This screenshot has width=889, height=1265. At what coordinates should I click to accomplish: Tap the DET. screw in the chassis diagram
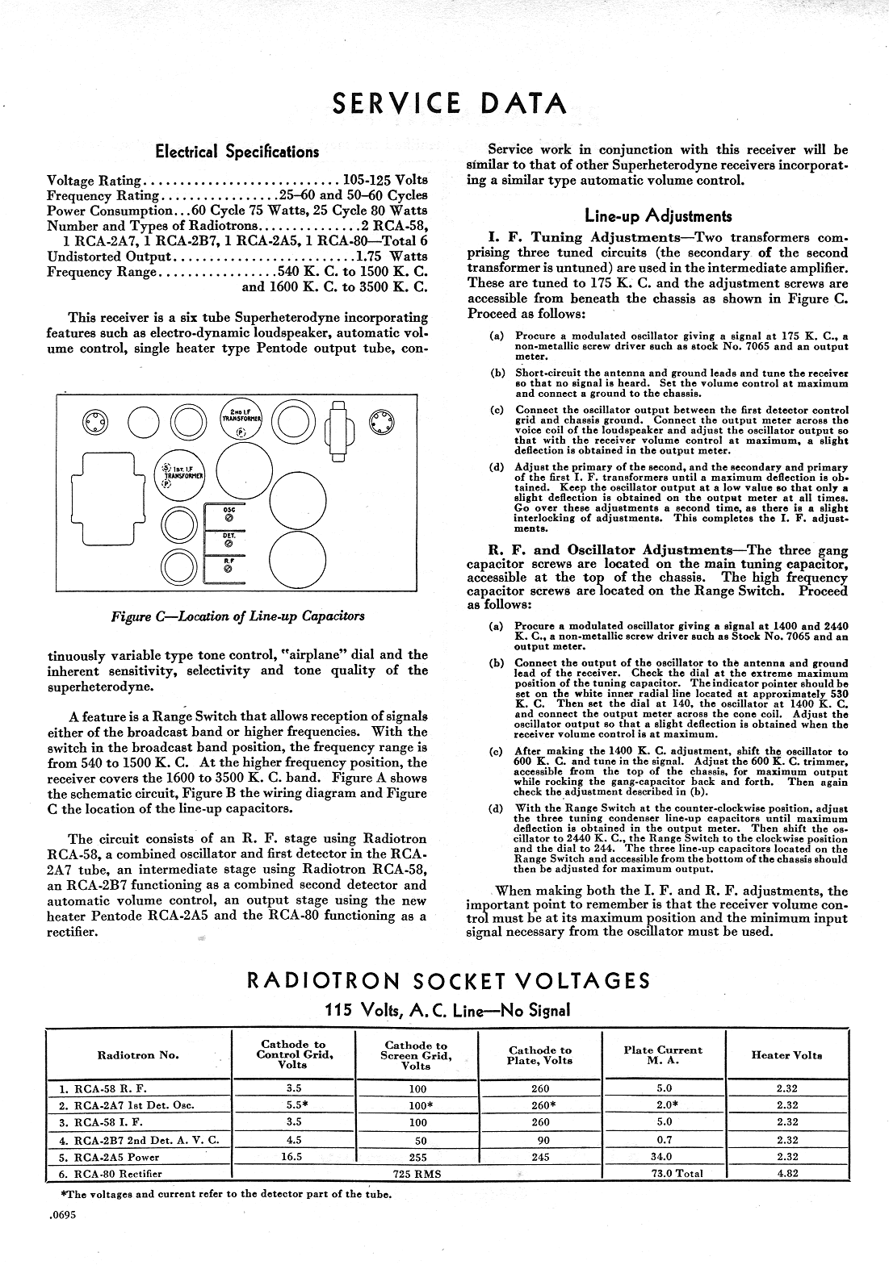pos(228,545)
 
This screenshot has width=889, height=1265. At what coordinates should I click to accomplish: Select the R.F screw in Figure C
pos(228,570)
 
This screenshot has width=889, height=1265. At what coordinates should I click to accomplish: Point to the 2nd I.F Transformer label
pos(240,415)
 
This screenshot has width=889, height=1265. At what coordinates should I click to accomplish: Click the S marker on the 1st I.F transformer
pos(166,468)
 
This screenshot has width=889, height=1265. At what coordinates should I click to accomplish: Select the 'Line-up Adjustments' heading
pos(658,215)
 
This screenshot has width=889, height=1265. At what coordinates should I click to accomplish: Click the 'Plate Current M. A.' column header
pos(663,1055)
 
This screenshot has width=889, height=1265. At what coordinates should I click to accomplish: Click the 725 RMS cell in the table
pos(416,1174)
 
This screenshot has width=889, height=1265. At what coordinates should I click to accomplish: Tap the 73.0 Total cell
pos(663,1173)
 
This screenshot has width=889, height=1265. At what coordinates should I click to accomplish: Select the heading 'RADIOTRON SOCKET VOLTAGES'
pos(448,981)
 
